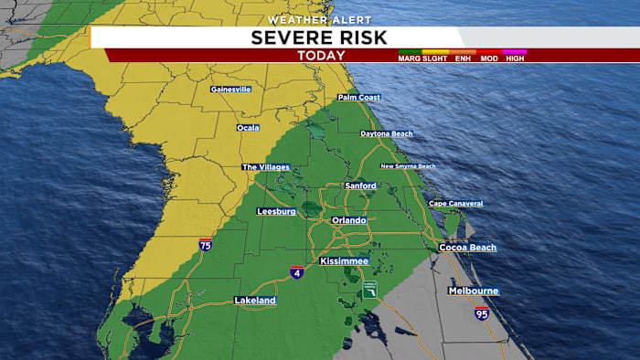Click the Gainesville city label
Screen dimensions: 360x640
tap(230, 90)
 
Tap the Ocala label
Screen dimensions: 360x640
tap(248, 128)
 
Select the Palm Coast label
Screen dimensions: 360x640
tap(358, 97)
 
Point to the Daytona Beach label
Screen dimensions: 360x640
tap(387, 133)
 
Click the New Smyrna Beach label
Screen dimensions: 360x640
tap(408, 166)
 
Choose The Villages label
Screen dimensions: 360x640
tap(265, 167)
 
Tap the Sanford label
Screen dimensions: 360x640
tap(360, 185)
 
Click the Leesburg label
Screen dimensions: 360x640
tap(276, 211)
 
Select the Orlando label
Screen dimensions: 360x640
tap(348, 220)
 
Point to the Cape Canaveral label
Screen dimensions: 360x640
tap(455, 203)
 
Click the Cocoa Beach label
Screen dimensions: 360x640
tap(467, 248)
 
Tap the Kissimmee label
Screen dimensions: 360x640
tap(344, 261)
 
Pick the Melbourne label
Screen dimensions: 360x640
tap(473, 291)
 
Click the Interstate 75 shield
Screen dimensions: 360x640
tap(206, 245)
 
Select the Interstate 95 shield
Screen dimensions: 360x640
tap(482, 313)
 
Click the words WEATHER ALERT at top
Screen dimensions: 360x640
tap(319, 19)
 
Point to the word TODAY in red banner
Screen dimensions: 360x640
tap(319, 55)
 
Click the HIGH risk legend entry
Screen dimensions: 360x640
tap(515, 58)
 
